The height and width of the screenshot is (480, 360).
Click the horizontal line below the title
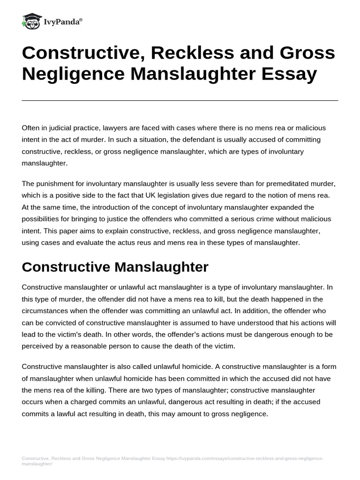(x=180, y=100)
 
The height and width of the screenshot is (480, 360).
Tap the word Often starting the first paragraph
(x=31, y=127)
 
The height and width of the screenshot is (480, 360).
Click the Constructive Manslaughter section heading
(x=115, y=267)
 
